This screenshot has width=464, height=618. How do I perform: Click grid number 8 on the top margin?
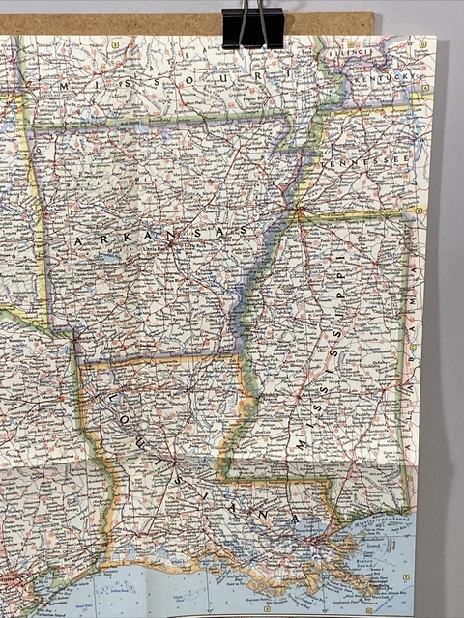tap(114, 44)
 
